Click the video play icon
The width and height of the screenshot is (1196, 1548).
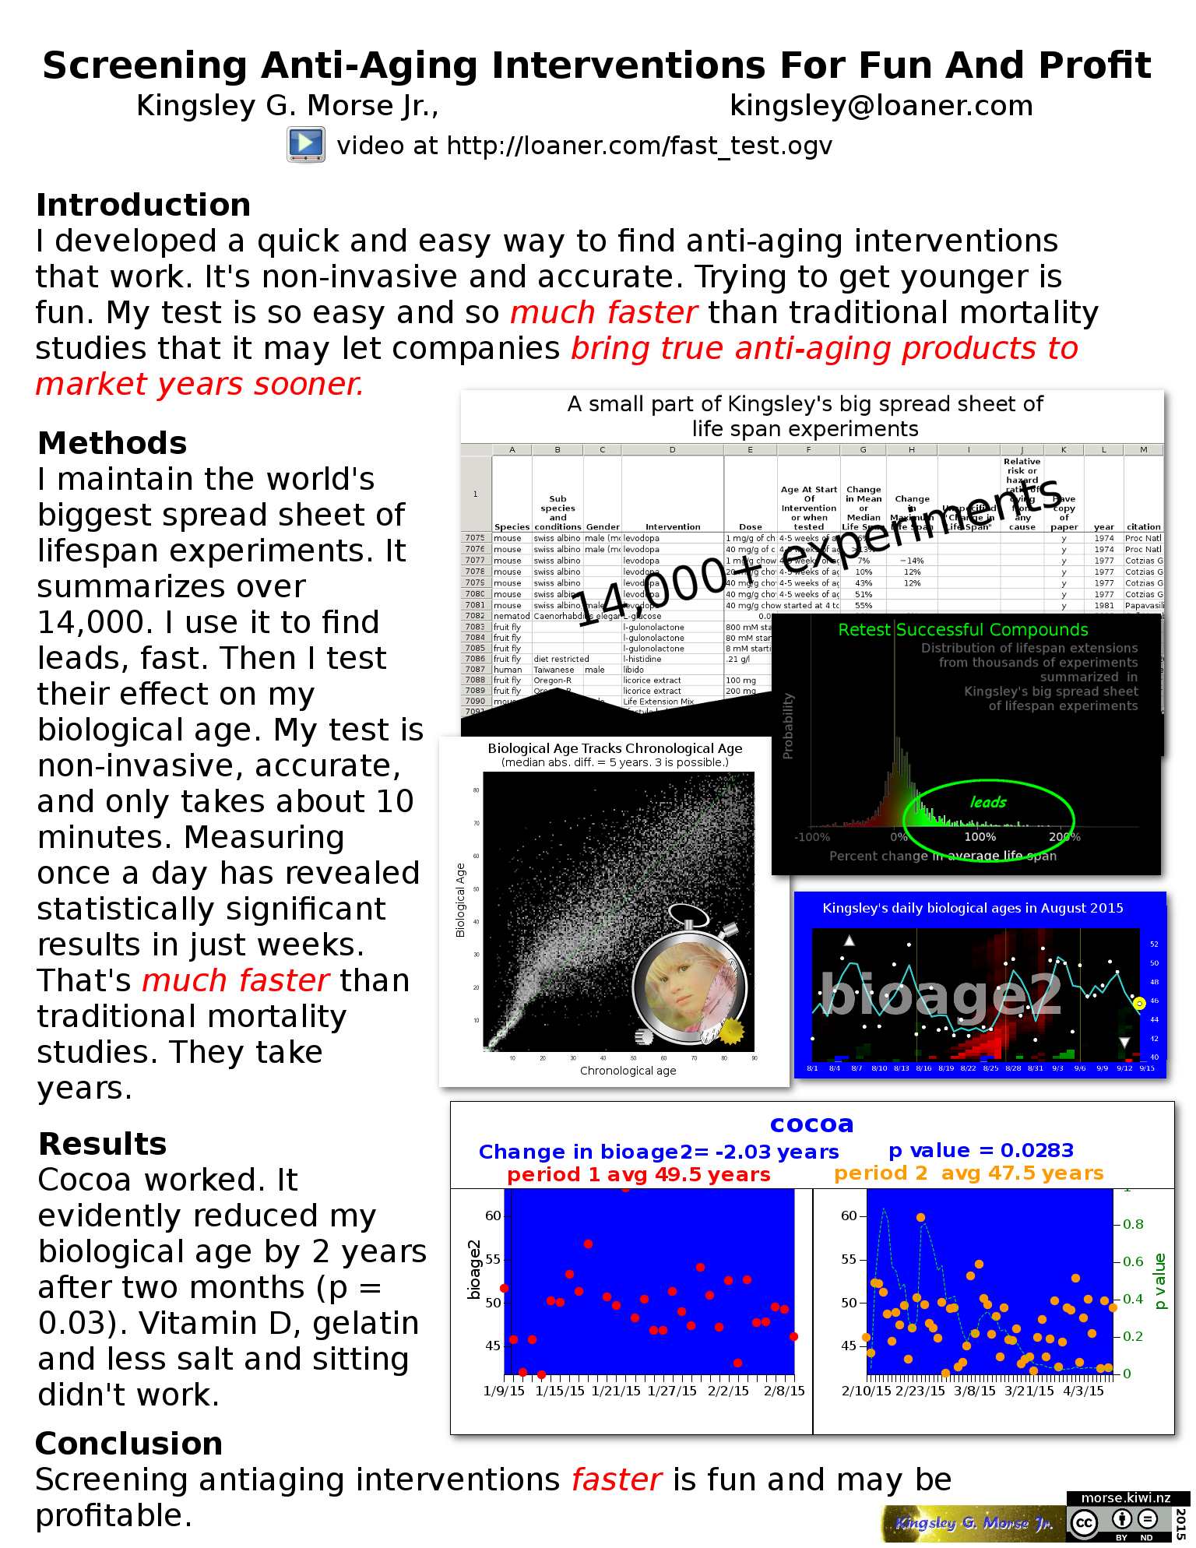pos(306,145)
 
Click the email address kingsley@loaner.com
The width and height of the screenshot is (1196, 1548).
pos(881,106)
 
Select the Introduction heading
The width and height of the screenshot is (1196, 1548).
pos(143,206)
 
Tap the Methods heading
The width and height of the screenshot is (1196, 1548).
pos(112,444)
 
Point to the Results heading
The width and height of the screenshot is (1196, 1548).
pos(103,1145)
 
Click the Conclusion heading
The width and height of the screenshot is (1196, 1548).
pos(129,1444)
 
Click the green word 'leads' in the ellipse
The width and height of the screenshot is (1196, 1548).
pos(988,803)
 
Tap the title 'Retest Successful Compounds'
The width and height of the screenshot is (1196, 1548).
pos(962,630)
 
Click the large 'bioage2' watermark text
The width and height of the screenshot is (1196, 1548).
pos(941,995)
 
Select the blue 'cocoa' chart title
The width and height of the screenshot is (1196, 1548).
pos(811,1124)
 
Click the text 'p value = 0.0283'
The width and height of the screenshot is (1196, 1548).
pos(980,1151)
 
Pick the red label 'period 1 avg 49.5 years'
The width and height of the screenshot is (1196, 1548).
pos(638,1175)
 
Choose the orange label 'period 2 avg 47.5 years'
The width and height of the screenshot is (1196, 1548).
pos(969,1173)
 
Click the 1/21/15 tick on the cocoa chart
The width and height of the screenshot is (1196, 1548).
pos(616,1391)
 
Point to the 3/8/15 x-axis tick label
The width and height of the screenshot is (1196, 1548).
pos(974,1391)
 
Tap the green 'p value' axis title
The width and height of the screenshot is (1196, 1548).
pos(1159,1281)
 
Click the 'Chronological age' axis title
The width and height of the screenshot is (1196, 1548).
pos(628,1071)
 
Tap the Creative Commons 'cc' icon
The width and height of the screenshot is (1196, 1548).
pos(1084,1522)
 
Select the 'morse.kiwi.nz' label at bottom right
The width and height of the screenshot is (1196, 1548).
pos(1127,1498)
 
